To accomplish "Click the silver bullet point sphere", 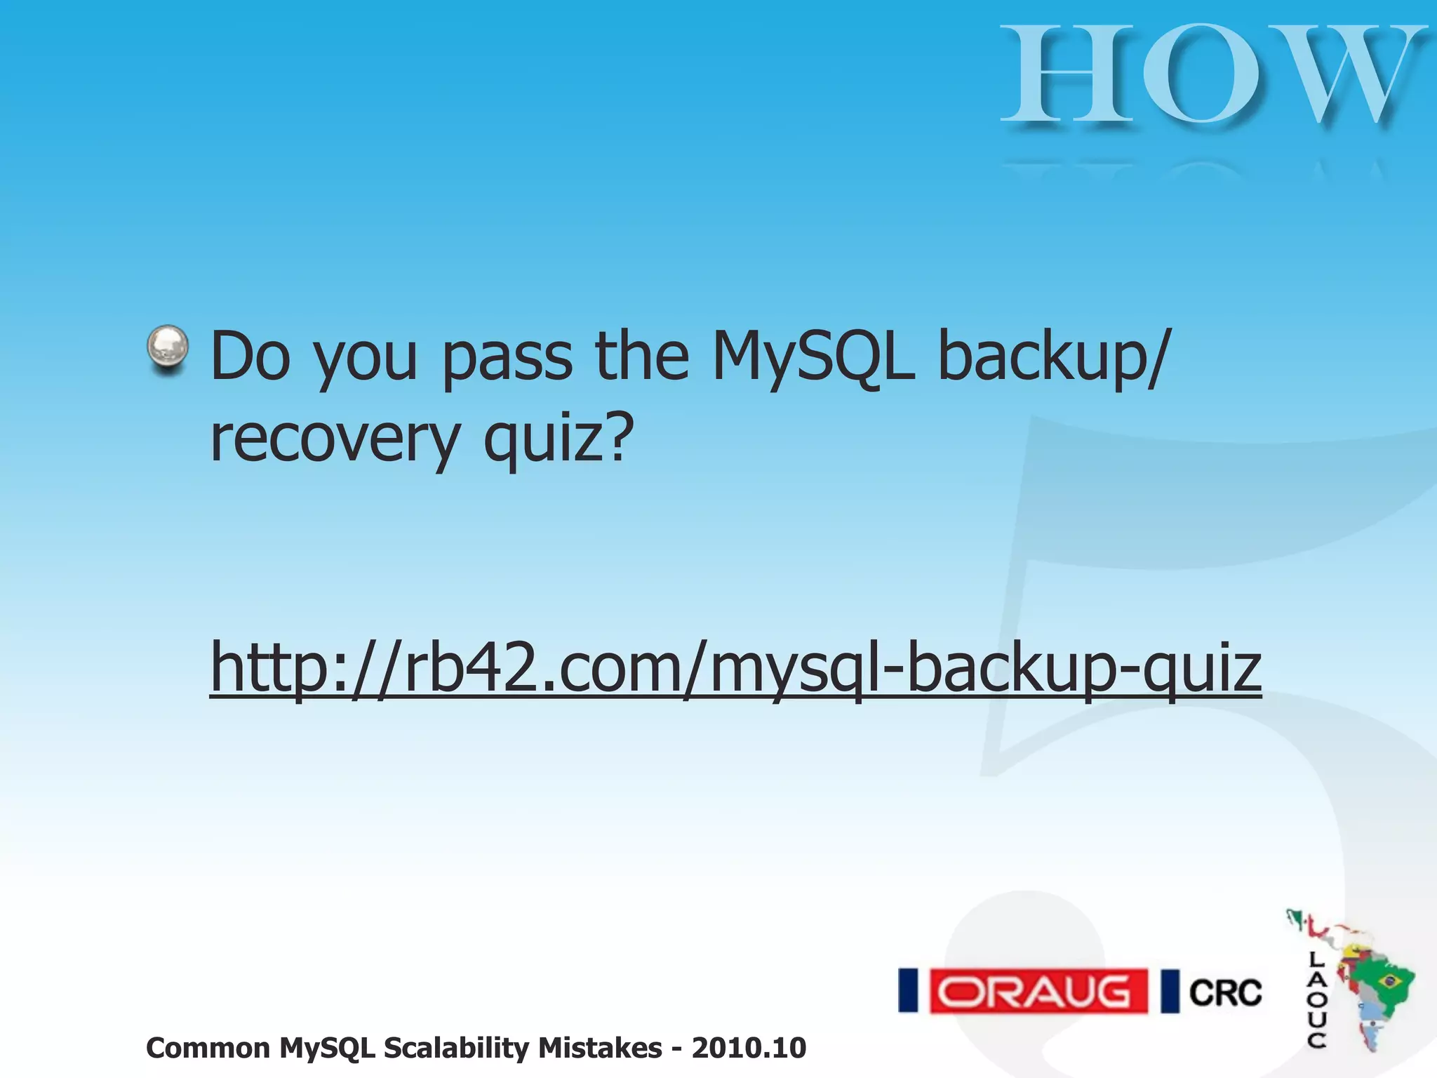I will tap(168, 349).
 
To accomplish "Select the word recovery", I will tap(334, 439).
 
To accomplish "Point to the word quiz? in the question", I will tap(559, 439).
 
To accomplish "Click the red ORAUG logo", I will tap(1038, 991).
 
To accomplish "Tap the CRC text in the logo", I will tap(1225, 992).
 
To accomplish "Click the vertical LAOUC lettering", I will tap(1316, 999).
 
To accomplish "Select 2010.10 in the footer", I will tap(749, 1048).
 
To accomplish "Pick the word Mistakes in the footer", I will tap(600, 1048).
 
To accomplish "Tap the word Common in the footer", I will tap(208, 1048).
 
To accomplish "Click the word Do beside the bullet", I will tap(250, 357).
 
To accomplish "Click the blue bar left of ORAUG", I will tap(909, 991).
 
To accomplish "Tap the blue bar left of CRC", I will tap(1170, 991).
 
